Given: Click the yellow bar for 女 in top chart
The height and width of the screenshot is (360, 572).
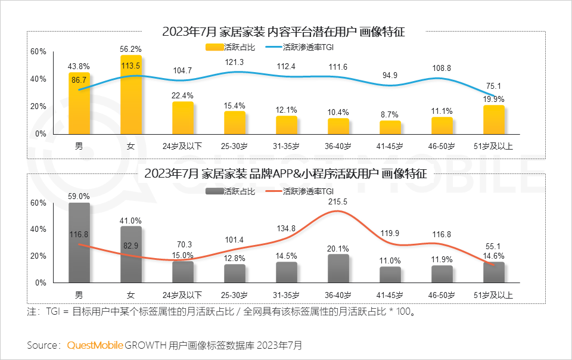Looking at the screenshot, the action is [x=131, y=95].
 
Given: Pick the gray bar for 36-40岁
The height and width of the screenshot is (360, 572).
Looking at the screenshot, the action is [x=338, y=268].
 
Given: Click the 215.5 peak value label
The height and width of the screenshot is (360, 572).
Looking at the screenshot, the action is [x=338, y=202].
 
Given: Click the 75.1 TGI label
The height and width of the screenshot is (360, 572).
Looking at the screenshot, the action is [x=494, y=85].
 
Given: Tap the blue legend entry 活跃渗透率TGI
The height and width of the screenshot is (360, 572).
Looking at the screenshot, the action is [x=307, y=46].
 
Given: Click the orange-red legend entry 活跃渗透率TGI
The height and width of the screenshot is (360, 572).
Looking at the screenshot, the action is [x=307, y=191].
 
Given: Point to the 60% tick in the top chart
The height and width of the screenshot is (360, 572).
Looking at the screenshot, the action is [x=38, y=52].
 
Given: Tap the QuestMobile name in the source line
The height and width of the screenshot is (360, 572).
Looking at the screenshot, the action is [x=95, y=345].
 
